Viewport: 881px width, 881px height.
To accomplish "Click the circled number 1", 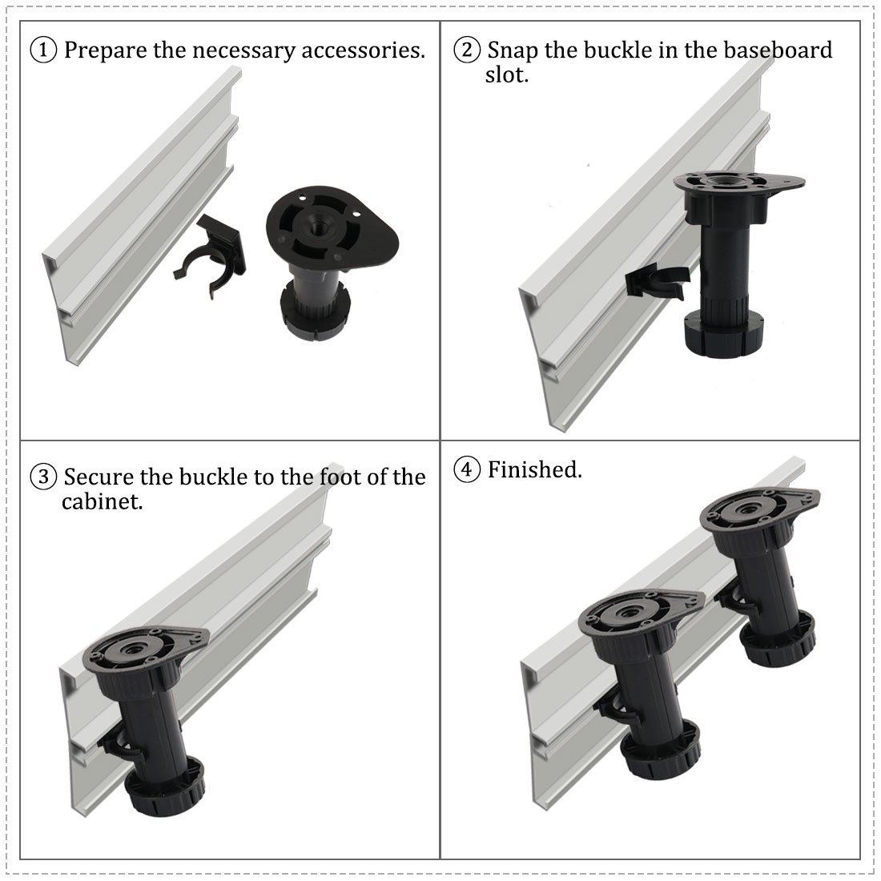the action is point(43,50).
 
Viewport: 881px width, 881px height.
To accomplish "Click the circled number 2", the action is point(467,50).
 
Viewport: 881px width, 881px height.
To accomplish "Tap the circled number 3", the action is point(43,477).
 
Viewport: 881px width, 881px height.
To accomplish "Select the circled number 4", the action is point(467,469).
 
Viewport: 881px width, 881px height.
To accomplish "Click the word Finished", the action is point(534,469).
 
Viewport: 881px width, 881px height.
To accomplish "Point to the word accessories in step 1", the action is point(363,50).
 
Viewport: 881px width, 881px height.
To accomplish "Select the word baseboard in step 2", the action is point(778,50).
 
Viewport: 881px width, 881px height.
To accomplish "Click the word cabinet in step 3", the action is point(103,501).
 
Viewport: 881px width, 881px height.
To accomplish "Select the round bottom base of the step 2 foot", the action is point(724,332).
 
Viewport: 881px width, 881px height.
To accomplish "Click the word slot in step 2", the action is point(507,74).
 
